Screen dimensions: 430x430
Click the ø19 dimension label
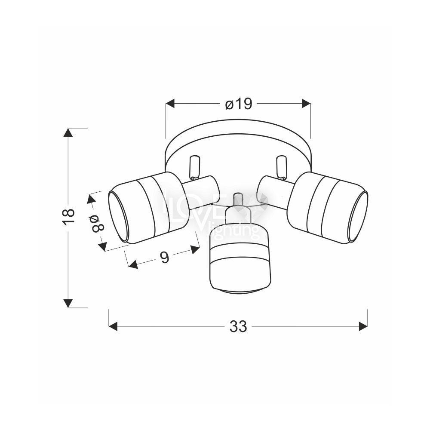tap(238, 104)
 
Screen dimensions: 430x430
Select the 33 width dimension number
tap(238, 326)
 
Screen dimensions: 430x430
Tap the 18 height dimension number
tap(68, 217)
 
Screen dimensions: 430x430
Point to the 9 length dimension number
tap(165, 258)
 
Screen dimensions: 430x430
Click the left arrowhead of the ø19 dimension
tap(170, 104)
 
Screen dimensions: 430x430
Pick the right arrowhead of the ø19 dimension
tap(306, 104)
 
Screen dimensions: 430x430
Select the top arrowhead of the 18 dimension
tap(68, 132)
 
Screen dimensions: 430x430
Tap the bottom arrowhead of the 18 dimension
tap(68, 303)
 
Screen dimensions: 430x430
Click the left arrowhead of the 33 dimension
tap(113, 326)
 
